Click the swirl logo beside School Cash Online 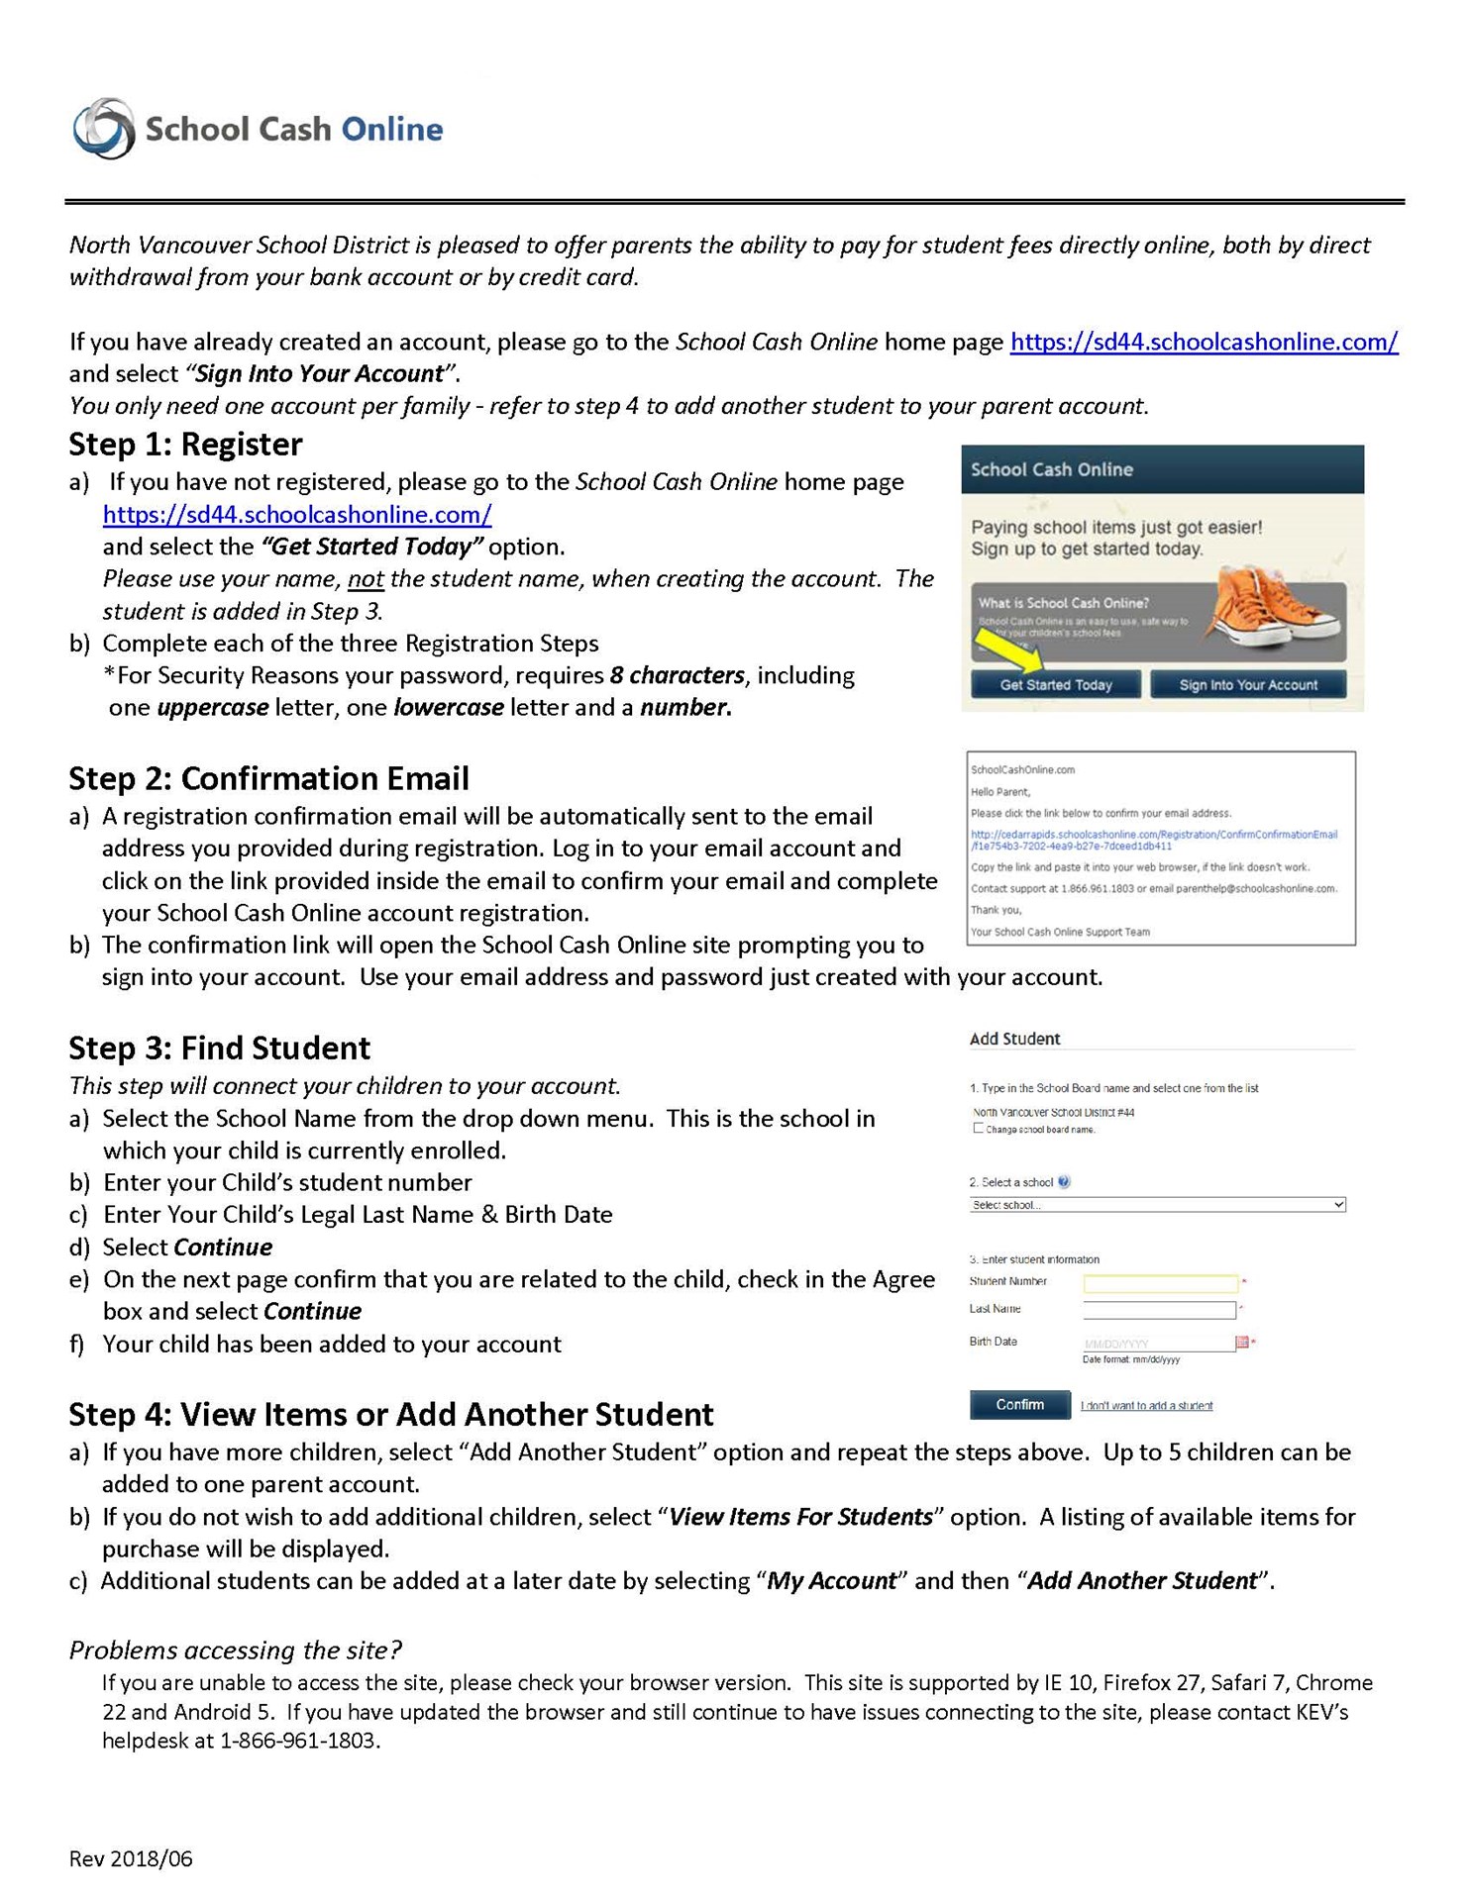click(103, 129)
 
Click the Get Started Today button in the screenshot click(1055, 684)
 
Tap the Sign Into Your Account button click(1247, 684)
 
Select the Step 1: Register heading click(185, 445)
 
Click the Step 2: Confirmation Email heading click(268, 778)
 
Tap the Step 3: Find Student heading click(220, 1048)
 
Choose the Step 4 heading click(391, 1414)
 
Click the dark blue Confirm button click(1019, 1404)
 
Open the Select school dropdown click(1157, 1205)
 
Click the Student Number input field click(1160, 1284)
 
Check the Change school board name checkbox click(979, 1129)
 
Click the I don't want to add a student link click(1146, 1406)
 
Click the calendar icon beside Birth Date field click(1242, 1343)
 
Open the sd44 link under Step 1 click(297, 515)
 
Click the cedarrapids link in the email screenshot click(1153, 840)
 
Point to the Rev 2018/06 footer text click(131, 1858)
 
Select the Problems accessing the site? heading click(235, 1650)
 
